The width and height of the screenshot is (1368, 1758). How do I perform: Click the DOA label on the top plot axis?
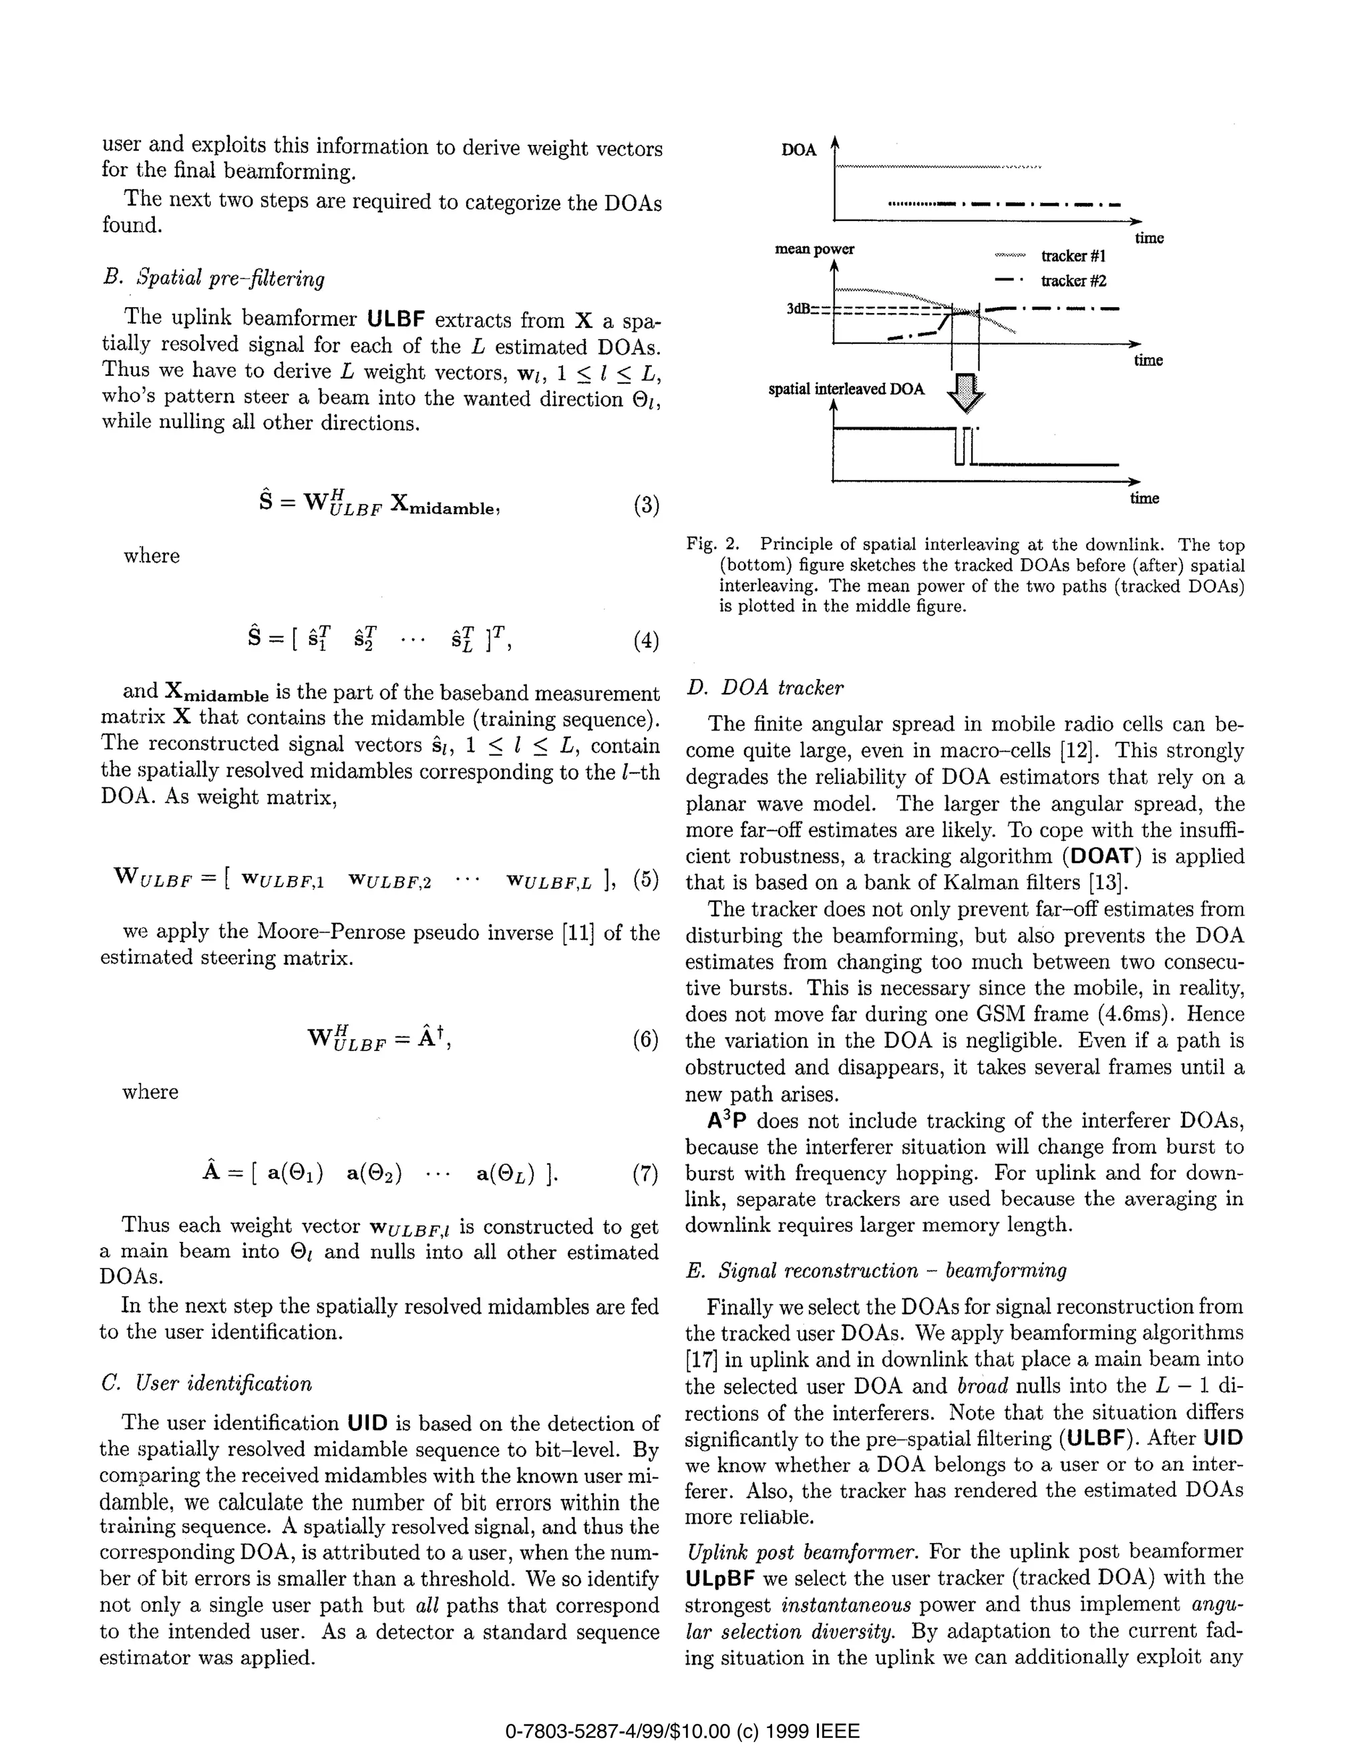(798, 150)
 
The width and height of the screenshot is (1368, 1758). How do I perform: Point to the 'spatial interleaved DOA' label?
(846, 390)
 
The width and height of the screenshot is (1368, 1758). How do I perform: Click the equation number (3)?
(646, 505)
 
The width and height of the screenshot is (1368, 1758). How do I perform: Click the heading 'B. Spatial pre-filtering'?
(213, 278)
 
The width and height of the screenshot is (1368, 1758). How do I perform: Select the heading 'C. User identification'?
(206, 1383)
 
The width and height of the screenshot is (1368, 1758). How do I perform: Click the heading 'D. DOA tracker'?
(765, 688)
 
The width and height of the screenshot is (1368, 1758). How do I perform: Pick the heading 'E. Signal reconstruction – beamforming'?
(876, 1270)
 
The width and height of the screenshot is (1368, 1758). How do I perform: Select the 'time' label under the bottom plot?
(1144, 498)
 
